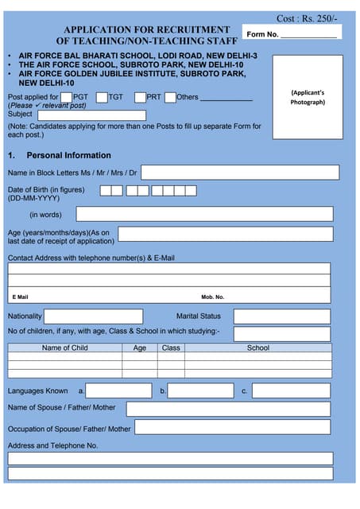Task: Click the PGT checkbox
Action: click(x=67, y=98)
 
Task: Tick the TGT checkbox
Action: click(x=102, y=98)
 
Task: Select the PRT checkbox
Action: click(x=140, y=98)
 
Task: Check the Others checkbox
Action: click(x=170, y=98)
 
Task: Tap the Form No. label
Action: click(x=262, y=34)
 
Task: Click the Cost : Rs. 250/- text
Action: click(x=307, y=17)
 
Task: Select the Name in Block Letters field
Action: click(x=239, y=173)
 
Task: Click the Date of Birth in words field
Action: click(x=204, y=214)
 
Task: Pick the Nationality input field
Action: click(x=95, y=317)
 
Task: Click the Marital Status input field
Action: click(x=281, y=317)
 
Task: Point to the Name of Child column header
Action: click(x=64, y=348)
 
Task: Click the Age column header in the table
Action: click(x=140, y=348)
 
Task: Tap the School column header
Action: click(x=257, y=348)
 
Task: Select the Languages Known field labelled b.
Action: click(x=201, y=390)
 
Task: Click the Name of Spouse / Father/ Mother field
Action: click(x=228, y=409)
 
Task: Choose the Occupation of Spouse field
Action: click(x=232, y=427)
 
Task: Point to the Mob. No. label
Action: click(x=212, y=297)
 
